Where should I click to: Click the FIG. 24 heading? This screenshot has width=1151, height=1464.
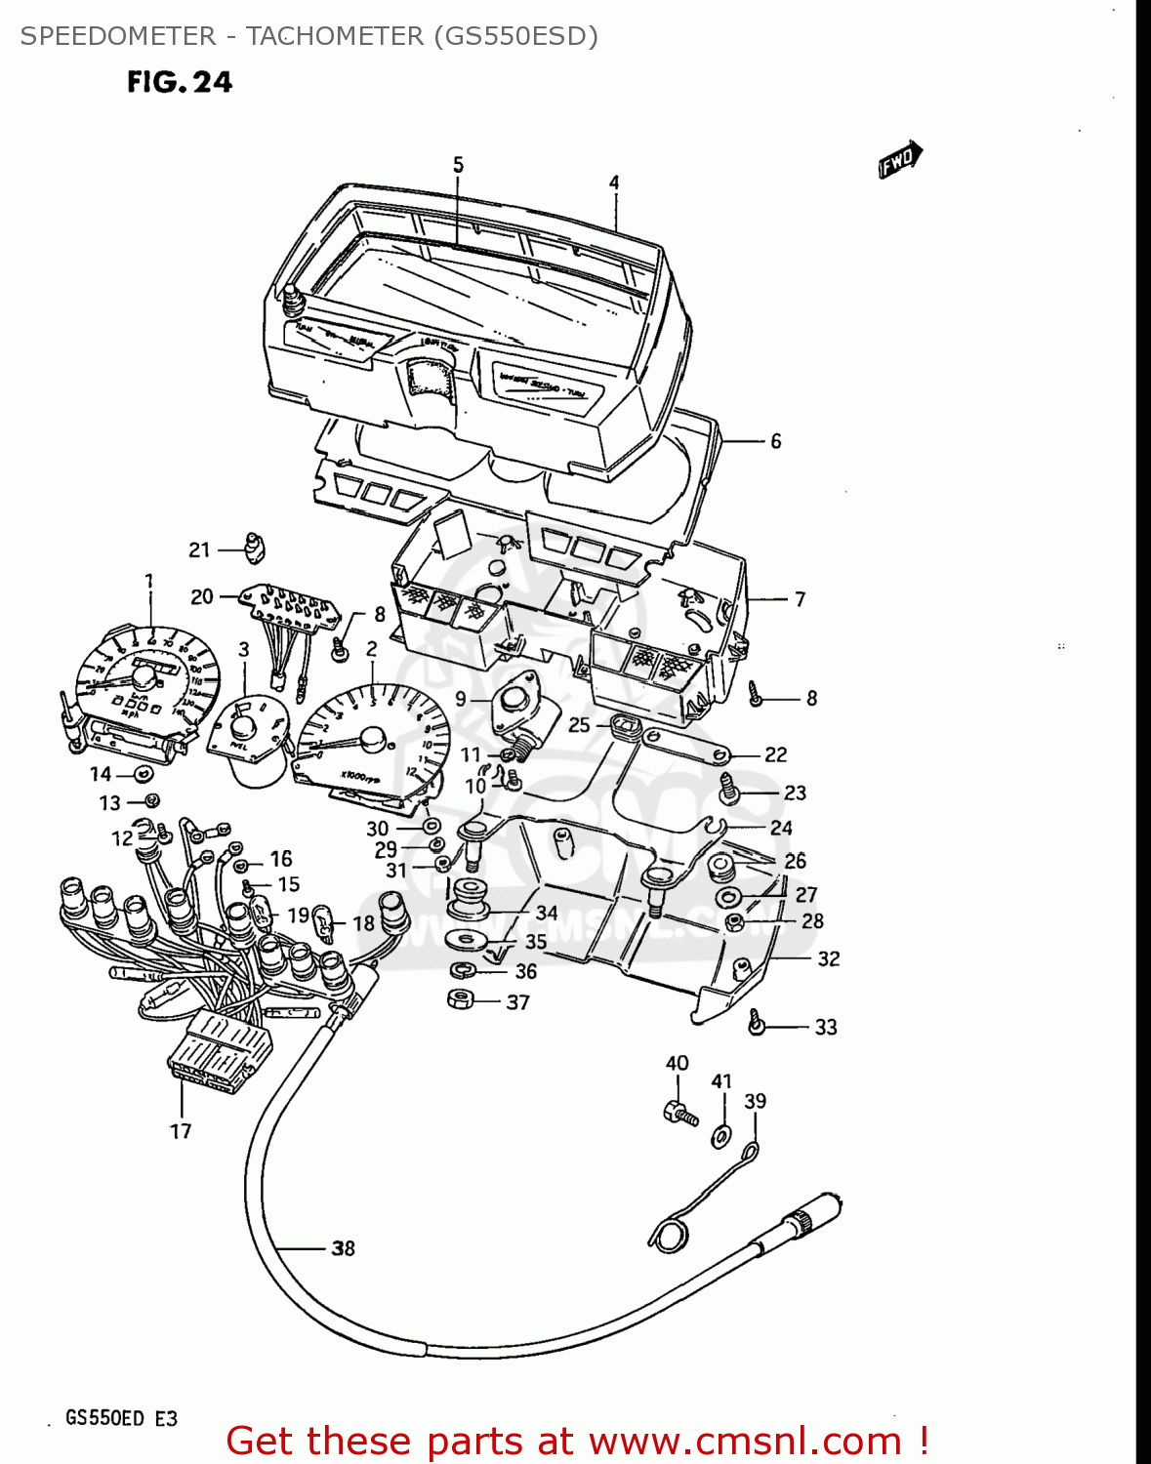point(180,82)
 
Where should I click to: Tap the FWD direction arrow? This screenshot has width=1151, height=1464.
point(900,160)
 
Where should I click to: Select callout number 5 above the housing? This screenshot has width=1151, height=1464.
point(459,165)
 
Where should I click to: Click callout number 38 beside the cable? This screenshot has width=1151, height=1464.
point(343,1247)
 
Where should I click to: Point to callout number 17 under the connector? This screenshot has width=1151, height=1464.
point(181,1131)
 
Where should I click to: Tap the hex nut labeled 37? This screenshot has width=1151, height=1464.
point(459,999)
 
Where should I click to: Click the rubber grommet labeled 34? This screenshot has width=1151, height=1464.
point(468,898)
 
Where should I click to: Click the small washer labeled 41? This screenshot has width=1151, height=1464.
point(721,1136)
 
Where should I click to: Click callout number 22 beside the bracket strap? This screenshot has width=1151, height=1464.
point(775,754)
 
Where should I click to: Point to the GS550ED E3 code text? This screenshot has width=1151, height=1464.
point(121,1418)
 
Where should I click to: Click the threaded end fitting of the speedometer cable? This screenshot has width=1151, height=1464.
point(810,1212)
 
